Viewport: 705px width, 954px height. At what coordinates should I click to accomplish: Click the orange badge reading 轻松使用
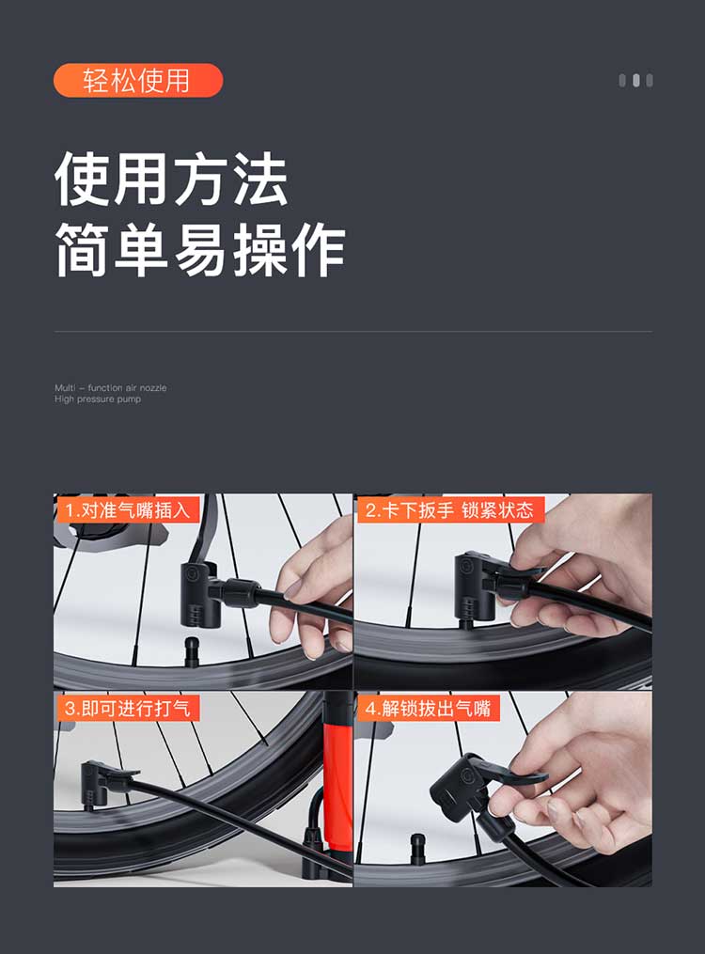click(x=138, y=80)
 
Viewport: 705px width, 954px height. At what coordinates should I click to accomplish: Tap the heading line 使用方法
click(x=171, y=180)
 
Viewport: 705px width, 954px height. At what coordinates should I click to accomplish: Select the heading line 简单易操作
click(x=200, y=250)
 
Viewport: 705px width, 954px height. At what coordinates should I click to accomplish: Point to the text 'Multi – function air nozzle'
click(x=111, y=387)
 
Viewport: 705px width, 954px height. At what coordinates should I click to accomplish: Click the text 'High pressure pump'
click(x=98, y=399)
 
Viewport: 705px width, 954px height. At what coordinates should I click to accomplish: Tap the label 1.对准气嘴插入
click(x=128, y=509)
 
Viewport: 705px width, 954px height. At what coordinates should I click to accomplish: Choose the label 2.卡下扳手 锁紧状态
click(x=449, y=509)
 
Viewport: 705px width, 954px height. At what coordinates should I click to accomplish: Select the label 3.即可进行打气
click(x=127, y=708)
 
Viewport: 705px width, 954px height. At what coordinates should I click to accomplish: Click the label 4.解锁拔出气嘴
click(x=429, y=708)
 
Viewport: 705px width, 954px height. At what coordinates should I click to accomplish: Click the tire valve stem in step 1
click(x=192, y=651)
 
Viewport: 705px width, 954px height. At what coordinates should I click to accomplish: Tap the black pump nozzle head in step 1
click(x=199, y=594)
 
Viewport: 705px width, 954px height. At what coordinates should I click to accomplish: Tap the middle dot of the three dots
click(x=635, y=80)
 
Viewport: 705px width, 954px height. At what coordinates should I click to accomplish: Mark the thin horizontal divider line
click(x=352, y=332)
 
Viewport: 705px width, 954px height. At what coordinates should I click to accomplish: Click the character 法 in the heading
click(x=260, y=180)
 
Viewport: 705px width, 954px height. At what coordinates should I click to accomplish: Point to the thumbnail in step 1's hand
click(x=292, y=589)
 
